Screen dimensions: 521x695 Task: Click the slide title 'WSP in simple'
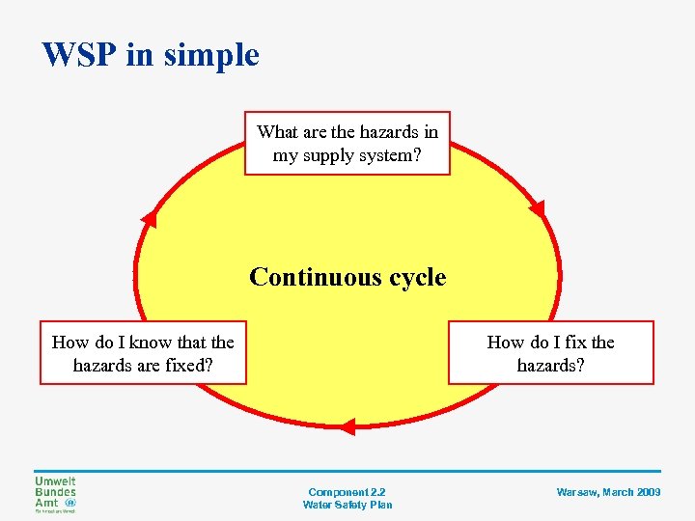(x=151, y=55)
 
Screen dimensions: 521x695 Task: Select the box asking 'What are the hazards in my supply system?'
(x=347, y=143)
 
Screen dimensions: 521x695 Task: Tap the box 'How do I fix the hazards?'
(x=550, y=353)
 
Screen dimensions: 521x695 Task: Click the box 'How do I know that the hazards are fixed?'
(x=143, y=353)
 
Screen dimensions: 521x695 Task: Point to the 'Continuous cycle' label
(x=347, y=278)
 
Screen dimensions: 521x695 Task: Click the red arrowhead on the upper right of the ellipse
(x=537, y=208)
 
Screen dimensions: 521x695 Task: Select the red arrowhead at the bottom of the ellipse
(x=348, y=425)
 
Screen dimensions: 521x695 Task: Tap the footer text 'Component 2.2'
(x=347, y=492)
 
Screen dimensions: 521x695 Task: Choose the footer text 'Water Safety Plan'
(x=347, y=505)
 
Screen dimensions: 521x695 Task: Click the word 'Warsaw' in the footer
(x=578, y=492)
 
